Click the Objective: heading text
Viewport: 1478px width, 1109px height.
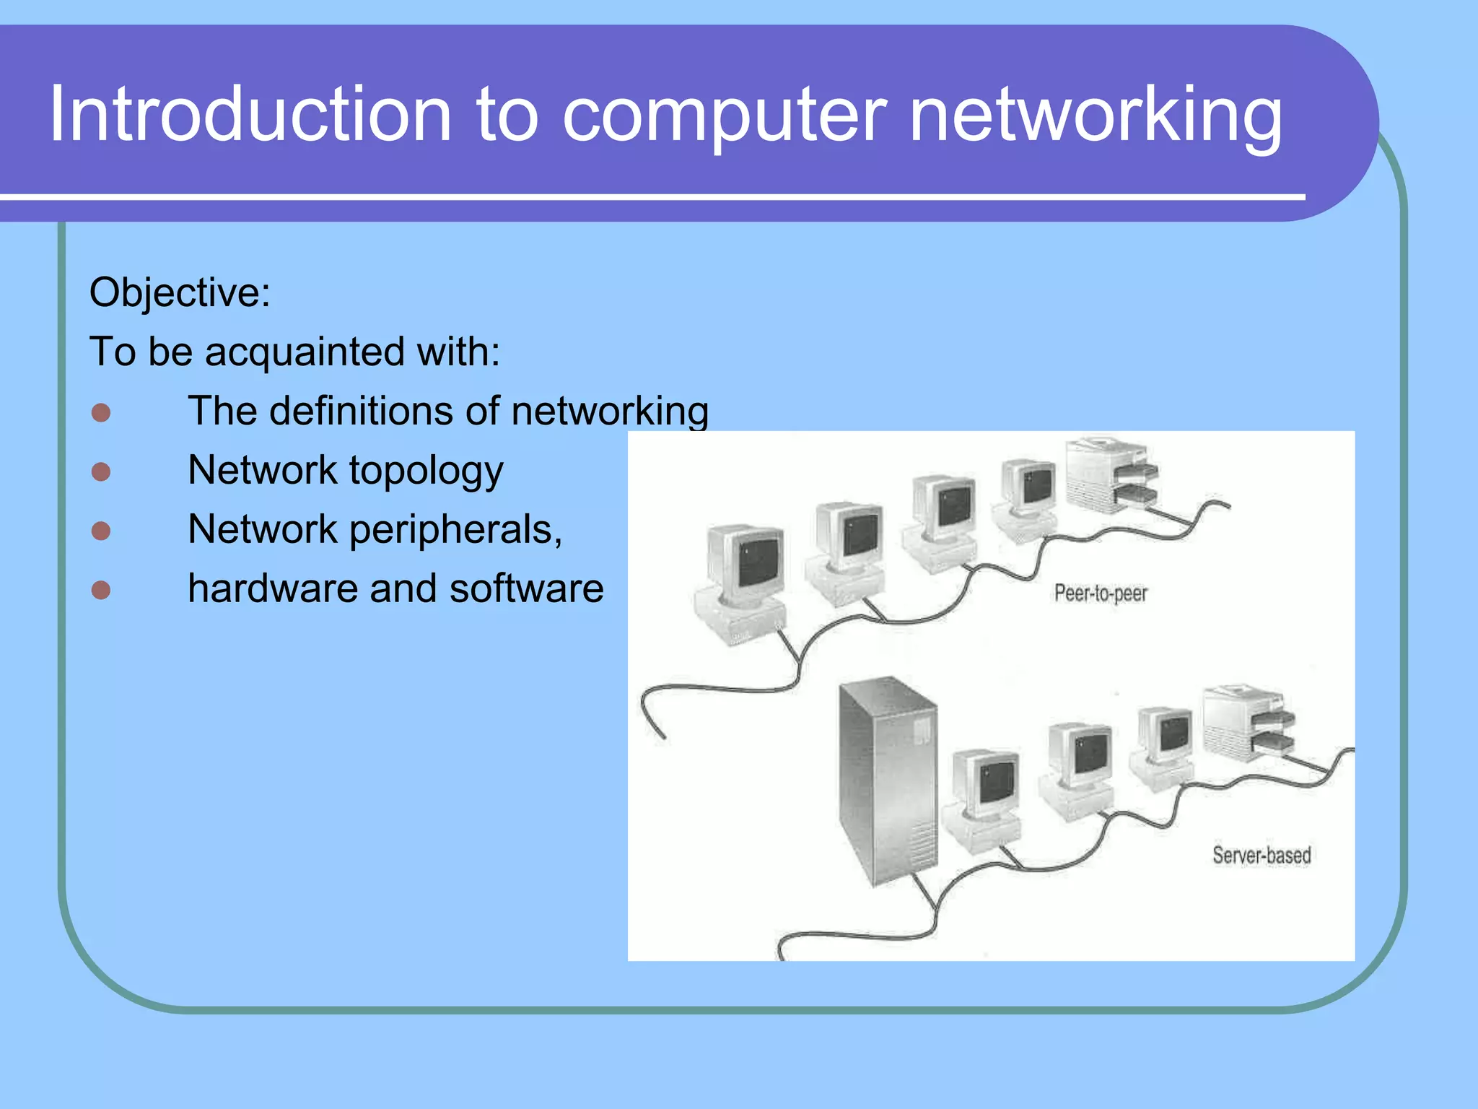[180, 293]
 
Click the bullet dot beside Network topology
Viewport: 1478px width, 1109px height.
[101, 472]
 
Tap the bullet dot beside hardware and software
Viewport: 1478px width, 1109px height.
[101, 591]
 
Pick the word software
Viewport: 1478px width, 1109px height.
[526, 588]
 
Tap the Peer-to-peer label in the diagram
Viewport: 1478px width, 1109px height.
[1100, 593]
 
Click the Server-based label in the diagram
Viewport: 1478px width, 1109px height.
[1261, 856]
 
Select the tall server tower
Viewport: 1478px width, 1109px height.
[888, 780]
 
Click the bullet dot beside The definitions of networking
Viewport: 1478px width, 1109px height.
[101, 413]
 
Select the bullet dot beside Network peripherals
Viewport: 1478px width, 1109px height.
[101, 531]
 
